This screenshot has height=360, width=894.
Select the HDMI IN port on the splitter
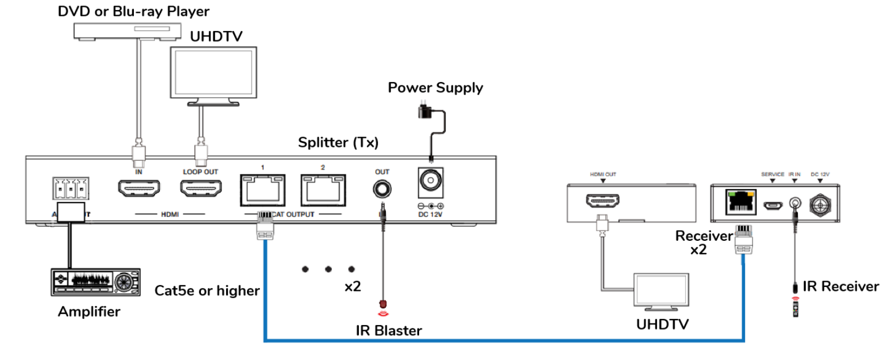[x=138, y=188]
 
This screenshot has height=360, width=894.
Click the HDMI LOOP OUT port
[x=201, y=188]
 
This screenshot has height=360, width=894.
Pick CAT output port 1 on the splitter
[x=262, y=190]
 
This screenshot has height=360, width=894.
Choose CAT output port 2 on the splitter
[x=323, y=190]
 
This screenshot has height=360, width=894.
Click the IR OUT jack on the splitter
[x=382, y=189]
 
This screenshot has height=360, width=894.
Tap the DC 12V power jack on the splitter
[x=430, y=181]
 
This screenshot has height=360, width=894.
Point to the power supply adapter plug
[x=424, y=111]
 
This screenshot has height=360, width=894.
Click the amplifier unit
[x=96, y=282]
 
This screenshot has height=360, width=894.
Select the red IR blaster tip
[x=383, y=304]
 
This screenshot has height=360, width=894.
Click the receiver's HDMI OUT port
[x=603, y=201]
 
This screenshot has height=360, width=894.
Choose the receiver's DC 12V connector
[x=820, y=204]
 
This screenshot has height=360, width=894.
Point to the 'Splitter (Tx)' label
[x=338, y=142]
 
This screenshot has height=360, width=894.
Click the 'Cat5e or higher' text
[x=207, y=291]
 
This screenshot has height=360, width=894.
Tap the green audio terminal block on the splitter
[x=71, y=189]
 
